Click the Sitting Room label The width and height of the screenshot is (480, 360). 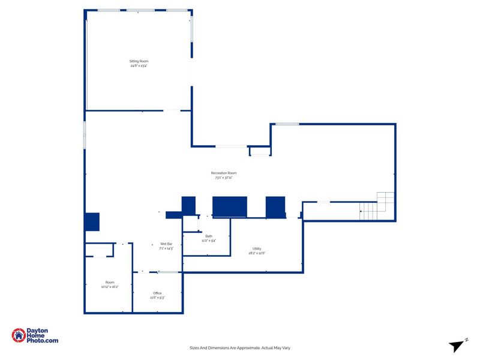[x=139, y=61]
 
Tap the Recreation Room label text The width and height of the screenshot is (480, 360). [x=223, y=173]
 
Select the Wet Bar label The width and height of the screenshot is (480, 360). [x=166, y=244]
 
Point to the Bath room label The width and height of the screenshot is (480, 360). [x=209, y=236]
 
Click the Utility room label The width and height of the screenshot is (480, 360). [x=257, y=248]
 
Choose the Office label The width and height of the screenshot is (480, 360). [x=157, y=293]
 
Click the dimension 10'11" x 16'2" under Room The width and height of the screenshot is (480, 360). [x=110, y=287]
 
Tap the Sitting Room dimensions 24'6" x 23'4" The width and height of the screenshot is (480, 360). [x=139, y=66]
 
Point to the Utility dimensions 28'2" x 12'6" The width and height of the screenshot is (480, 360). [x=257, y=253]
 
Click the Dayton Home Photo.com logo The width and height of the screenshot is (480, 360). [x=35, y=336]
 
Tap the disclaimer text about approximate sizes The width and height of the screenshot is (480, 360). [x=240, y=348]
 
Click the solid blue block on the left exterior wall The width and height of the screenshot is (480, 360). [x=92, y=221]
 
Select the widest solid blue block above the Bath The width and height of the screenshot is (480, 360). [x=230, y=206]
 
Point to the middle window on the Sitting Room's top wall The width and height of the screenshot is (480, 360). [x=140, y=10]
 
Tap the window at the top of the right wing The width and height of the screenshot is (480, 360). [x=287, y=124]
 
